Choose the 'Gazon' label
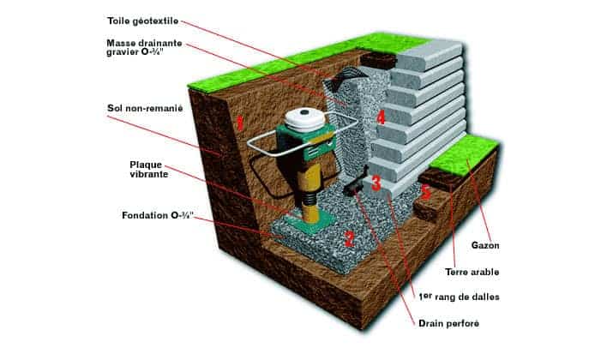click(x=486, y=245)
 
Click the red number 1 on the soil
click(x=241, y=123)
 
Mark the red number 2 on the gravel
click(x=348, y=239)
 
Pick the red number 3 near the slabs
click(x=376, y=183)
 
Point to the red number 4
click(x=380, y=114)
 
